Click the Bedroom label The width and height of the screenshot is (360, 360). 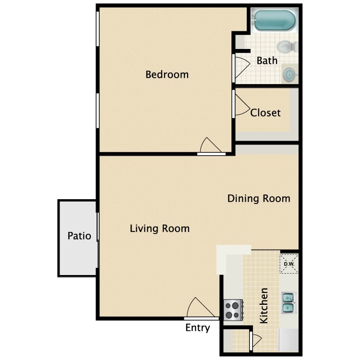point(167,74)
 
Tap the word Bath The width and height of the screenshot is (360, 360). point(267,60)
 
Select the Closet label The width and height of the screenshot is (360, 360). point(265,113)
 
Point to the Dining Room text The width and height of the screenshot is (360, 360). point(259,199)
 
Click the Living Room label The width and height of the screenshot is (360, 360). point(160,228)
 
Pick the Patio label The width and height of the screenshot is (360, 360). point(79,236)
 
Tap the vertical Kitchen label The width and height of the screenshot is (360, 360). point(264,306)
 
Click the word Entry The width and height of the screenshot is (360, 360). point(198,328)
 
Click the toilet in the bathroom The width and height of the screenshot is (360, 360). point(287,47)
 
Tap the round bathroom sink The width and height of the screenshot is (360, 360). point(289,74)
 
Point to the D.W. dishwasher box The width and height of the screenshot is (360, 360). point(289,264)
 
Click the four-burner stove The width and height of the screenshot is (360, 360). point(233,310)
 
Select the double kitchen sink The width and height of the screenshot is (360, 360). point(288,302)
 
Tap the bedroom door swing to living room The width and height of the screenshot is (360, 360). point(210,145)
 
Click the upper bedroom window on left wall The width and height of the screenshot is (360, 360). point(97,29)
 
